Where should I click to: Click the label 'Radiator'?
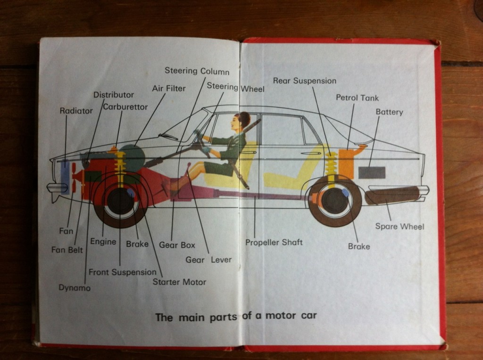pyautogui.click(x=76, y=111)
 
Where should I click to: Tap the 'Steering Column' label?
pyautogui.click(x=197, y=71)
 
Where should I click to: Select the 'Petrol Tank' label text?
pyautogui.click(x=357, y=98)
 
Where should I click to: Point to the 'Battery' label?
pyautogui.click(x=389, y=112)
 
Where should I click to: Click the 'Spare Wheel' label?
pyautogui.click(x=400, y=227)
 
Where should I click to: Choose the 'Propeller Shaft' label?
pyautogui.click(x=274, y=242)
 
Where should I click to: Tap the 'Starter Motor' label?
pyautogui.click(x=179, y=282)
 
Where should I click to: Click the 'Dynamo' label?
pyautogui.click(x=75, y=287)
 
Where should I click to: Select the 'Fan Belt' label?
pyautogui.click(x=67, y=250)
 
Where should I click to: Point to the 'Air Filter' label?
pyautogui.click(x=169, y=89)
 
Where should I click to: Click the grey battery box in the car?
pyautogui.click(x=372, y=172)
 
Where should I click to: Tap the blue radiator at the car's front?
pyautogui.click(x=65, y=177)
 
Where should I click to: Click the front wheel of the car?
pyautogui.click(x=120, y=201)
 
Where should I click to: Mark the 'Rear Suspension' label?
pyautogui.click(x=305, y=81)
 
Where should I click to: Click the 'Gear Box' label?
pyautogui.click(x=177, y=245)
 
